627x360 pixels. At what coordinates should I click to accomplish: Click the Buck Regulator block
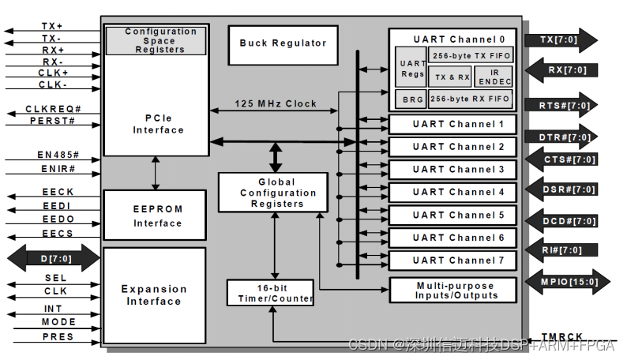pos(283,43)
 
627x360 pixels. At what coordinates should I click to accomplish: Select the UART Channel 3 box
pos(452,170)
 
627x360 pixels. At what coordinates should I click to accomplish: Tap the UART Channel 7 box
pos(452,260)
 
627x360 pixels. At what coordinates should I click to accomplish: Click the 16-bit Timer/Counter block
pos(270,293)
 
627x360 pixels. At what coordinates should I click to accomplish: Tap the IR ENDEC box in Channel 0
pos(495,76)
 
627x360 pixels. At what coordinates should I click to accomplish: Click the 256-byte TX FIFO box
pos(470,55)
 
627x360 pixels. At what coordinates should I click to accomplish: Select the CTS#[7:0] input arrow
pos(566,159)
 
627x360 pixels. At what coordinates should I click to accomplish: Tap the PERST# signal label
pos(52,122)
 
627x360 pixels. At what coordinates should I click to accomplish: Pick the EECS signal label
pos(58,234)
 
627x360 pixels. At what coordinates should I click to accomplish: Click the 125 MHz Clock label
pos(276,103)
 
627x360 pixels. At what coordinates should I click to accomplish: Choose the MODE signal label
pos(58,322)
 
